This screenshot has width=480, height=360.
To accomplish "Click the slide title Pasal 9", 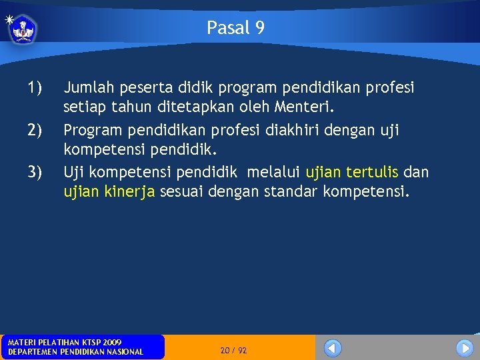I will click(235, 27).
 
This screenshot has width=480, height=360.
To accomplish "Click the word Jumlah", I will click(88, 87).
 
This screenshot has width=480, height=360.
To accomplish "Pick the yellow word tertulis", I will click(372, 173).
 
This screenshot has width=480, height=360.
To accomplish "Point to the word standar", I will click(290, 192).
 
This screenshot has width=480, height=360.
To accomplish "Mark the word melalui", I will click(274, 173).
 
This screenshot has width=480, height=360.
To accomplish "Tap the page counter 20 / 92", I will click(233, 350).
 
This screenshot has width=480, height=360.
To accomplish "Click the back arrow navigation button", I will click(333, 348).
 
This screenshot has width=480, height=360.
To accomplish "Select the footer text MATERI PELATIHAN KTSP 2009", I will click(65, 342).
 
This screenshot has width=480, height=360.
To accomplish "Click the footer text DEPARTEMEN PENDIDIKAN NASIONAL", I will click(75, 351).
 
